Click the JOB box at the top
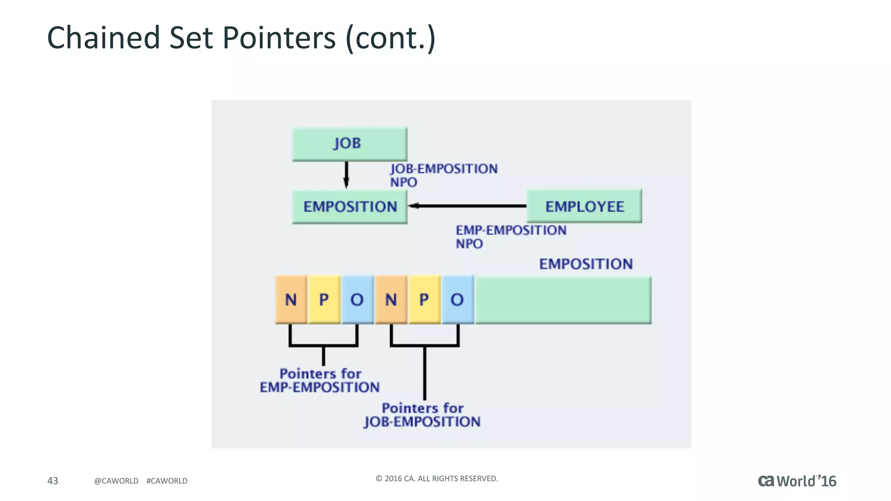349,144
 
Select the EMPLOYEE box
584,206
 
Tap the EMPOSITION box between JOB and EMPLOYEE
349,207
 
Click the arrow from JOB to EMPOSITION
346,174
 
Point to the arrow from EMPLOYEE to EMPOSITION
468,206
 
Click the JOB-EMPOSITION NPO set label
443,175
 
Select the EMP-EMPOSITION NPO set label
510,237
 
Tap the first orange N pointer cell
291,300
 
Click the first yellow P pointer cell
324,300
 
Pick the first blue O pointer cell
357,300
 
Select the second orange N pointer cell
391,300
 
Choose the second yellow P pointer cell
424,300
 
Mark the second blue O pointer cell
457,300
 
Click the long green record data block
563,300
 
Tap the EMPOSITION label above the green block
586,264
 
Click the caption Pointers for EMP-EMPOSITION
320,381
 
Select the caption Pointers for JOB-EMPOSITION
422,415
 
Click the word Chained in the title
104,38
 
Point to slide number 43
53,481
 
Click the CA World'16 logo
797,481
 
